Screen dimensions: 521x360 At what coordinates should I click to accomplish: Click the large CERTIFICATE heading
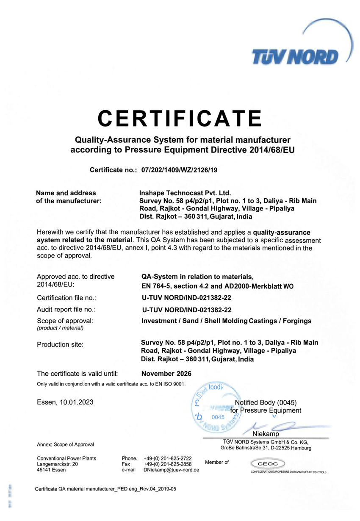pos(180,119)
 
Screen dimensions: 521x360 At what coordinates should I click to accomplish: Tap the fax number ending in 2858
pos(168,464)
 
